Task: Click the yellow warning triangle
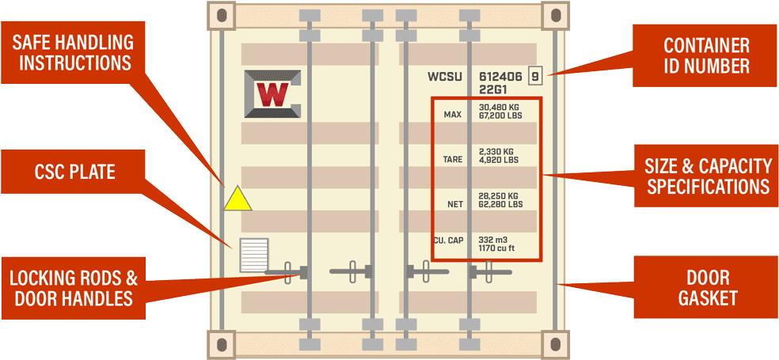click(x=237, y=200)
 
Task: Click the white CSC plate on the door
click(x=254, y=255)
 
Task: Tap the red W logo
click(x=273, y=94)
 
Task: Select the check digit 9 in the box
click(x=536, y=77)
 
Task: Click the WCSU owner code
click(x=445, y=77)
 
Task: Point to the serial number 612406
click(x=500, y=77)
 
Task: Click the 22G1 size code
click(x=493, y=89)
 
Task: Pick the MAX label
click(x=453, y=115)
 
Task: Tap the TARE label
click(x=453, y=160)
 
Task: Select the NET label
click(x=455, y=204)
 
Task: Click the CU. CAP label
click(x=448, y=240)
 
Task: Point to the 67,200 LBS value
click(x=500, y=116)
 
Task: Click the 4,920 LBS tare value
click(x=499, y=160)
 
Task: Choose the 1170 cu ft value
click(x=496, y=248)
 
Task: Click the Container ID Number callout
click(x=706, y=55)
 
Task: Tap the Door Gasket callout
click(x=707, y=287)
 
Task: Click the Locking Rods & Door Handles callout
click(x=73, y=287)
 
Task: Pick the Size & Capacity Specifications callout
click(x=708, y=176)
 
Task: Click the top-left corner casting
click(x=222, y=13)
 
